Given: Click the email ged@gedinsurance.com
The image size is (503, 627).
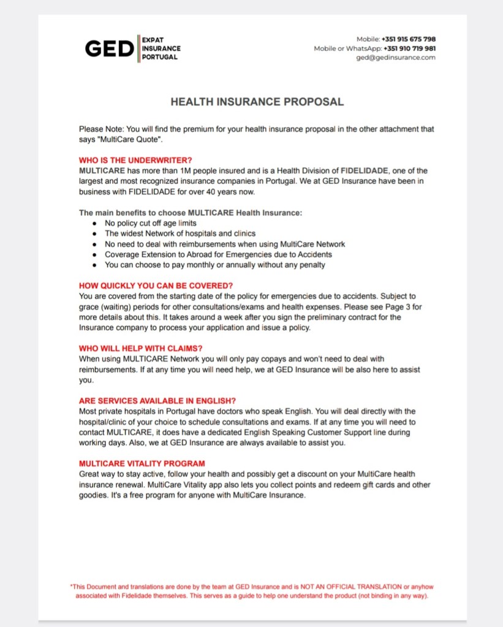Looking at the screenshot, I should click(x=396, y=58).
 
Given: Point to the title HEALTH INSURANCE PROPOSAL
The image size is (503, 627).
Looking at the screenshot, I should click(x=257, y=102).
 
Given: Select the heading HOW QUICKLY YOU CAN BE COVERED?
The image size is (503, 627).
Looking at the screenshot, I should click(x=156, y=286).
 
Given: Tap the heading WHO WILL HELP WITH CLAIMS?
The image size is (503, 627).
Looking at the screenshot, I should click(x=140, y=349).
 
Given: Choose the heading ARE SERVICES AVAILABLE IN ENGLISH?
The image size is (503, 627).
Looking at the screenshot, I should click(x=158, y=401).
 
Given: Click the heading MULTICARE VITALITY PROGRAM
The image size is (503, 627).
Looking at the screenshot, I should click(x=142, y=463).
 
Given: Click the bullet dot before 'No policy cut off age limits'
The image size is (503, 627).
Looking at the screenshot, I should click(x=94, y=224).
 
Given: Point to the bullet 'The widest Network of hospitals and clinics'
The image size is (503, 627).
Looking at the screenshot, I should click(x=180, y=234).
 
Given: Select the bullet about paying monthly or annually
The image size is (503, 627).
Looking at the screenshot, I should click(x=214, y=265).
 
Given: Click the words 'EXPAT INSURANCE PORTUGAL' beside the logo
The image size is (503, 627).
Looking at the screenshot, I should click(x=161, y=48).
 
